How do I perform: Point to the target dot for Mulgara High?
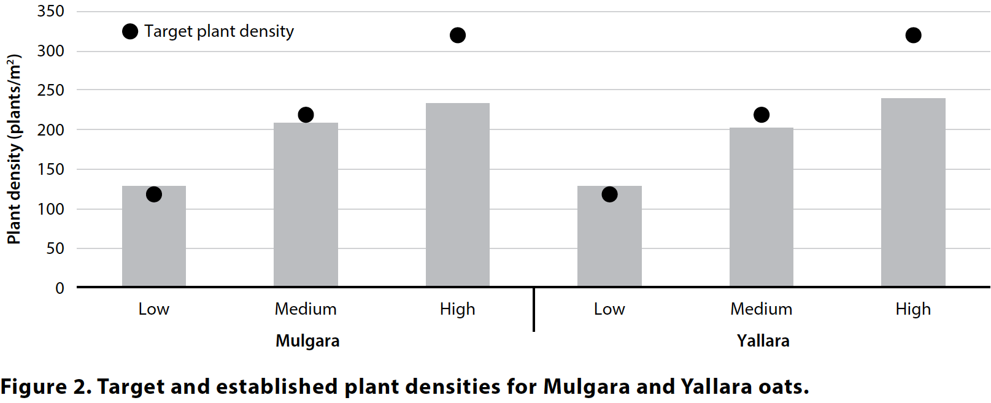click(457, 35)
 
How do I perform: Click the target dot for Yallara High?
click(913, 35)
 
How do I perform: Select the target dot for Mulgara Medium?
click(306, 115)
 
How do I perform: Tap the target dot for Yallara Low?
click(609, 194)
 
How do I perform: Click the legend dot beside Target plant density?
click(130, 31)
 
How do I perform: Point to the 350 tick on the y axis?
click(51, 11)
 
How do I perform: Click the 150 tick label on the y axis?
click(51, 169)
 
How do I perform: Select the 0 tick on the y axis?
click(60, 288)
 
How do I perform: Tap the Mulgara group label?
click(307, 341)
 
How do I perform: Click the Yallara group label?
click(763, 341)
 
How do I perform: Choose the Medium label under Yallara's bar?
click(761, 309)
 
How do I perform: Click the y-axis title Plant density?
click(14, 149)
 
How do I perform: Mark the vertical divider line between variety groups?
click(534, 310)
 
